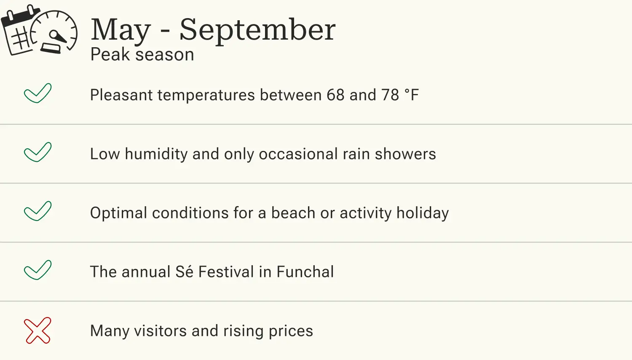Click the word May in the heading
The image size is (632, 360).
(x=121, y=30)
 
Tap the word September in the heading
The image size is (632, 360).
(x=257, y=30)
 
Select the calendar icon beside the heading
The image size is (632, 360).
(x=19, y=31)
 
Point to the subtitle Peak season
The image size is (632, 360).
(x=142, y=55)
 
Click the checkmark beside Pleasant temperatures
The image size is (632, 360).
(x=37, y=93)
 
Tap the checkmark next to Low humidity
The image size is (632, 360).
(x=37, y=152)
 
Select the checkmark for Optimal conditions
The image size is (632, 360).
(x=37, y=211)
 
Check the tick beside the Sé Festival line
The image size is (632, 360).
(x=37, y=270)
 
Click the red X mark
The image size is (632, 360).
(x=37, y=330)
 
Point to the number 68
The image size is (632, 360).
(x=335, y=95)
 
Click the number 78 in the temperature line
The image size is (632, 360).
(x=390, y=95)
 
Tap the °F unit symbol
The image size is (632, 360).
(x=412, y=95)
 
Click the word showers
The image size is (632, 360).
(x=405, y=154)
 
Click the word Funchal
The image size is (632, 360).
(x=305, y=272)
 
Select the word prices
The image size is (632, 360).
(x=291, y=331)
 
